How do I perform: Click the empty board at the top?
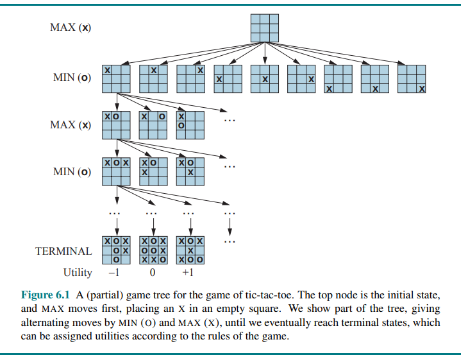[264, 28]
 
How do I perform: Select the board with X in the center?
[264, 78]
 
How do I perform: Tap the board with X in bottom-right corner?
[412, 78]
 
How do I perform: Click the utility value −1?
[113, 272]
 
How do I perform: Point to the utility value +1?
[188, 272]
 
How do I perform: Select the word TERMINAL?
[63, 251]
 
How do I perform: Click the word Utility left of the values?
[78, 272]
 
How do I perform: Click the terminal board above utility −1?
[116, 251]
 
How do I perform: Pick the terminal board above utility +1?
[190, 251]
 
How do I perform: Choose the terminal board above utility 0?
[153, 251]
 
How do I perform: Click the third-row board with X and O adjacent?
[116, 124]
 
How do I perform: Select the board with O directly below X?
[190, 124]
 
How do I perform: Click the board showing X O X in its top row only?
[116, 171]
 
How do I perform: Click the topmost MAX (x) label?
[70, 28]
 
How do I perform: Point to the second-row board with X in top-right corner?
[190, 78]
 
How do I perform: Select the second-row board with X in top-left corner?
[116, 78]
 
